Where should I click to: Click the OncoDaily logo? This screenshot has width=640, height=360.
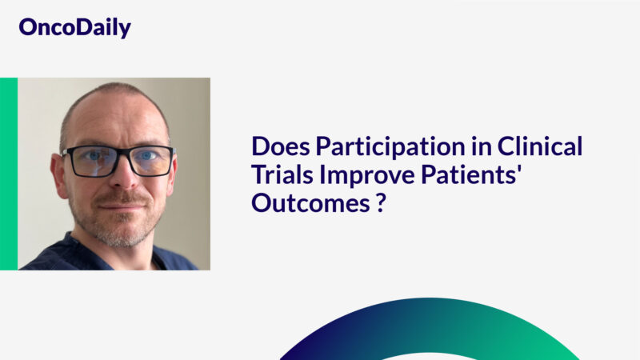(74, 28)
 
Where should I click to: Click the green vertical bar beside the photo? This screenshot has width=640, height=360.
(8, 174)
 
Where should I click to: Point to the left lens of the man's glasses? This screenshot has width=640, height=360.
(90, 161)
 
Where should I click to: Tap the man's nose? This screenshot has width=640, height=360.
(120, 178)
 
